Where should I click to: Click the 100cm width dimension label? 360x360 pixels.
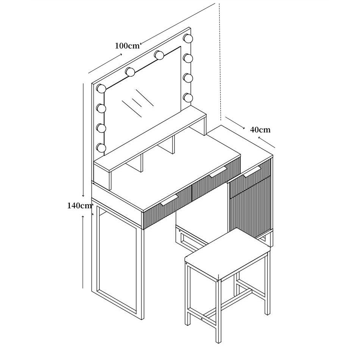coord(127,46)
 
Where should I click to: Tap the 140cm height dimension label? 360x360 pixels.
coord(80,206)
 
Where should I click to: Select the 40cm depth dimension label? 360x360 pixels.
coord(260,130)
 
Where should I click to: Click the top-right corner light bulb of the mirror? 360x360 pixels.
coord(188,38)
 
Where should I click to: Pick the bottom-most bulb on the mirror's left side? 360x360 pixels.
coord(101,148)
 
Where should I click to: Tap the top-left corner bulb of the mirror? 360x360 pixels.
coord(101,89)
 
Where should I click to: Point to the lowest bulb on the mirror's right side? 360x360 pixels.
coord(188,98)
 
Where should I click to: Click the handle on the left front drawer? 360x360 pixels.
coord(170,200)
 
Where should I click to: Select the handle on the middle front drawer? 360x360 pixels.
coord(218,172)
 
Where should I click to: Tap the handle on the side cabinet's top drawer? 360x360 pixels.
coord(252,171)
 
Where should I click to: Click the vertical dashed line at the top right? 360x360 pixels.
coord(220,62)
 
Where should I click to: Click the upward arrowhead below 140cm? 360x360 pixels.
coord(83,217)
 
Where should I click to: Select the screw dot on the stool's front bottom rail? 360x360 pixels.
coord(202,319)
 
